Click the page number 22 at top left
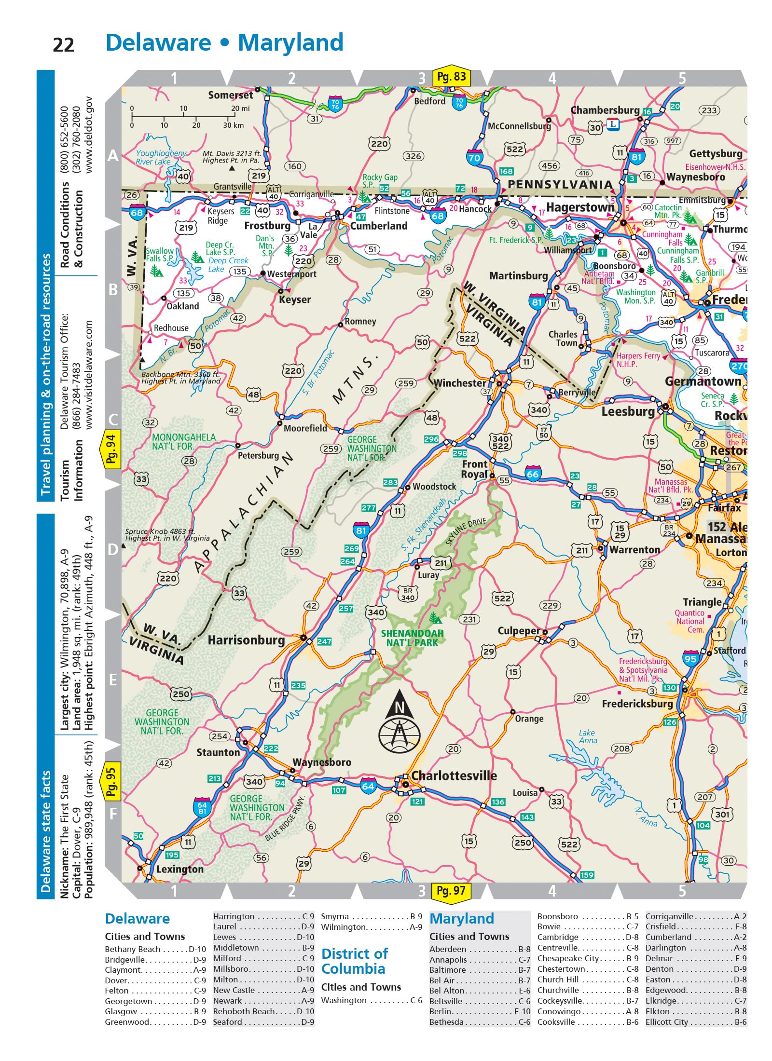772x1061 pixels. click(x=63, y=45)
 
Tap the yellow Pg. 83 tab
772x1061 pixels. click(x=451, y=77)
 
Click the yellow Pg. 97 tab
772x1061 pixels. click(x=451, y=890)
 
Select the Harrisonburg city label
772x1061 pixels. click(x=246, y=640)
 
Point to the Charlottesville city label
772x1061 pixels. click(x=454, y=775)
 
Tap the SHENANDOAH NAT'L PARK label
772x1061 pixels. click(x=412, y=638)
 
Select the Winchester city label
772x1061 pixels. click(x=460, y=383)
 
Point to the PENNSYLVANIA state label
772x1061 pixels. click(x=560, y=184)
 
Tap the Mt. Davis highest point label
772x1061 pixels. click(x=231, y=157)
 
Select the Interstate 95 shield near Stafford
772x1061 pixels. click(x=690, y=659)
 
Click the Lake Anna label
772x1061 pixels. click(x=588, y=736)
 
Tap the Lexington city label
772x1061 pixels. click(x=179, y=869)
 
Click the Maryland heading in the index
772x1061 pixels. click(x=461, y=919)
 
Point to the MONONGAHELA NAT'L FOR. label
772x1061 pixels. click(x=184, y=441)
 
